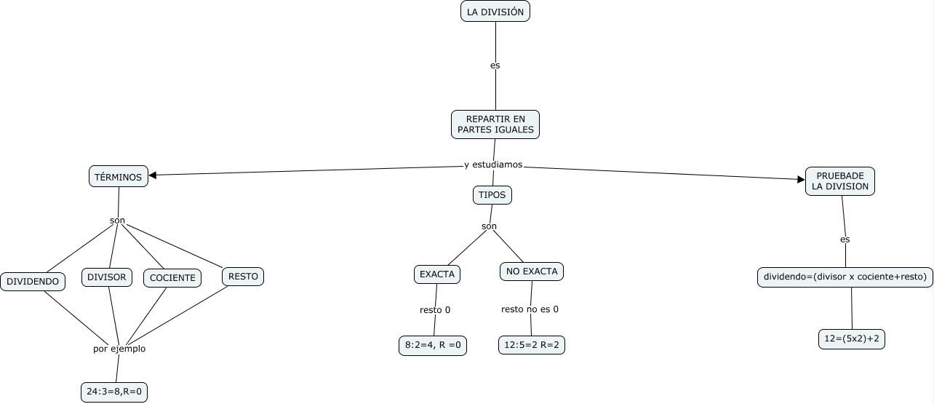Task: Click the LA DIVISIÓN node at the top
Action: pos(495,12)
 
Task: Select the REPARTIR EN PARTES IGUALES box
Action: pos(495,124)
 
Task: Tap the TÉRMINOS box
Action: pos(119,177)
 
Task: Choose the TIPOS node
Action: pos(492,195)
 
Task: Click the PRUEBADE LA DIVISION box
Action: pos(840,181)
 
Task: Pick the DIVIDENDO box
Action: pos(33,281)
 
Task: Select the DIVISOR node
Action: pos(107,277)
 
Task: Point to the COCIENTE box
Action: pos(172,278)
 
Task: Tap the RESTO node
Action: pos(243,277)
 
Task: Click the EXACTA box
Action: pos(437,274)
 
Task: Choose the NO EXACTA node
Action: pos(532,272)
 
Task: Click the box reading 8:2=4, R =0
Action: pos(433,346)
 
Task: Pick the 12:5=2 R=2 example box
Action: pos(532,345)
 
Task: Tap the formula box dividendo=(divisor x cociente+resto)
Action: pos(845,277)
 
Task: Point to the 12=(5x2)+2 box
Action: pos(852,339)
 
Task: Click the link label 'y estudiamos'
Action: pos(493,165)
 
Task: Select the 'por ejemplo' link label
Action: pos(119,349)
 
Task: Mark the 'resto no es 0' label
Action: pos(530,309)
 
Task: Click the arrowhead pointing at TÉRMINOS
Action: pos(153,175)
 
